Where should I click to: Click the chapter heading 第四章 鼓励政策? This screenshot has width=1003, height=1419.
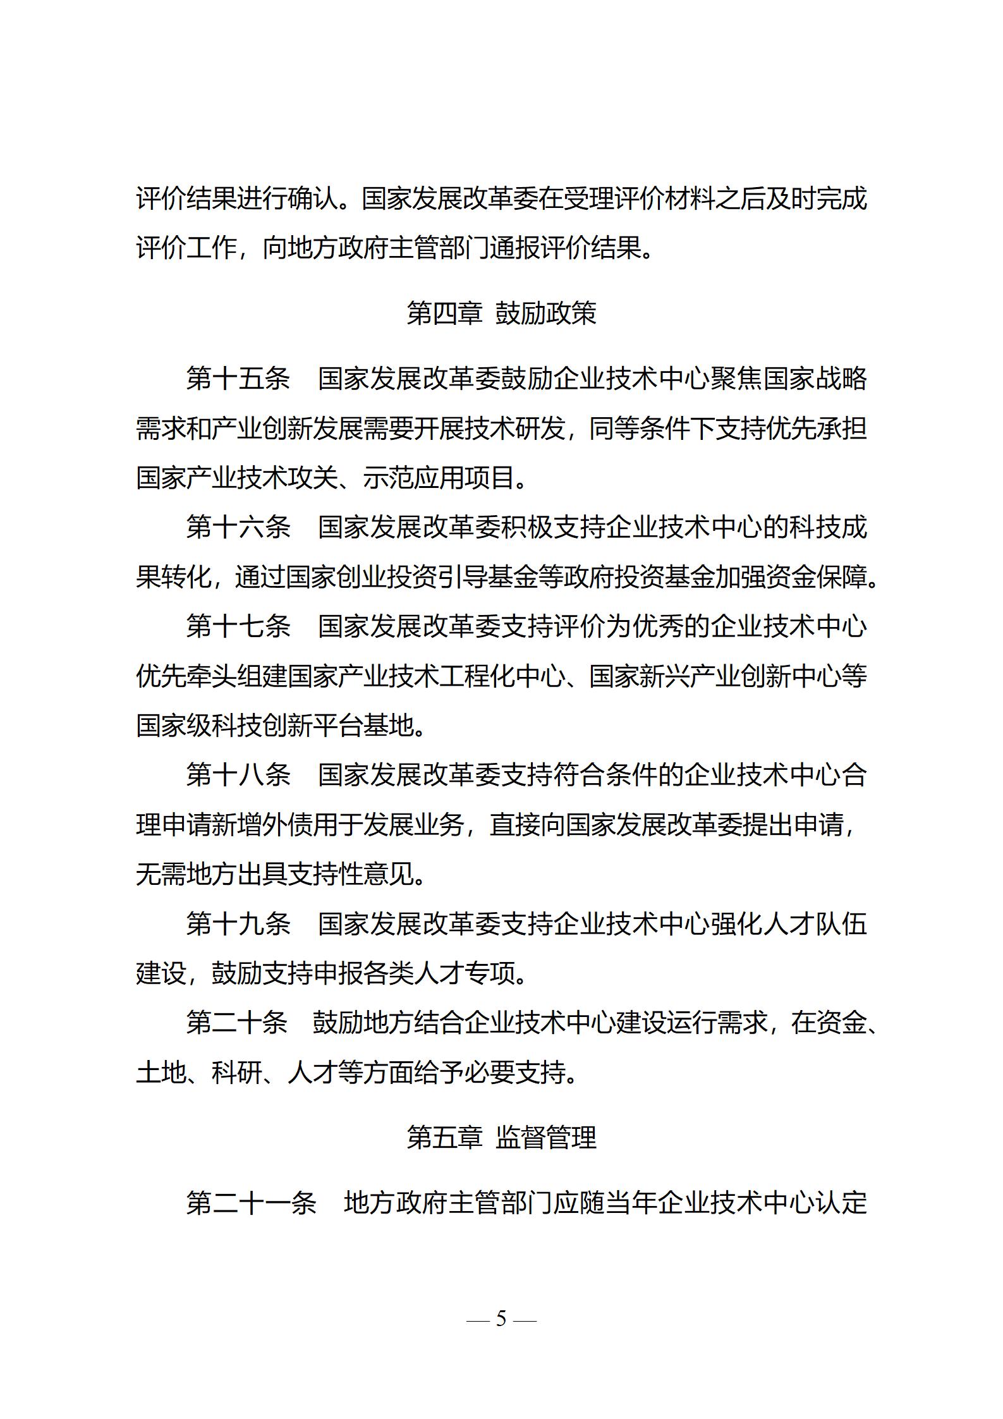tap(501, 313)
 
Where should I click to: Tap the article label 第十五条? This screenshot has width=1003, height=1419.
tap(238, 379)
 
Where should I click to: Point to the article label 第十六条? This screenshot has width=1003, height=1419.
tap(238, 527)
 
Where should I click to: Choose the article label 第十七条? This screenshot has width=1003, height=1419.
tap(238, 626)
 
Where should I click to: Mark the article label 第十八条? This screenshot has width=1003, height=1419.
tap(238, 775)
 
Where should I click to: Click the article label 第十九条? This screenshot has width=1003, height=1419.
tap(238, 924)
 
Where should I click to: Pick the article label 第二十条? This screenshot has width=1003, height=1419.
tap(236, 1023)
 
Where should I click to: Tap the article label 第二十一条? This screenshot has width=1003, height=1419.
tap(251, 1203)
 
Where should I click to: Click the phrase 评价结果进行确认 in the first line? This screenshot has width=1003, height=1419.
tap(237, 198)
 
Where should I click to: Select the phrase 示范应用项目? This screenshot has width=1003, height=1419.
tap(439, 478)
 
